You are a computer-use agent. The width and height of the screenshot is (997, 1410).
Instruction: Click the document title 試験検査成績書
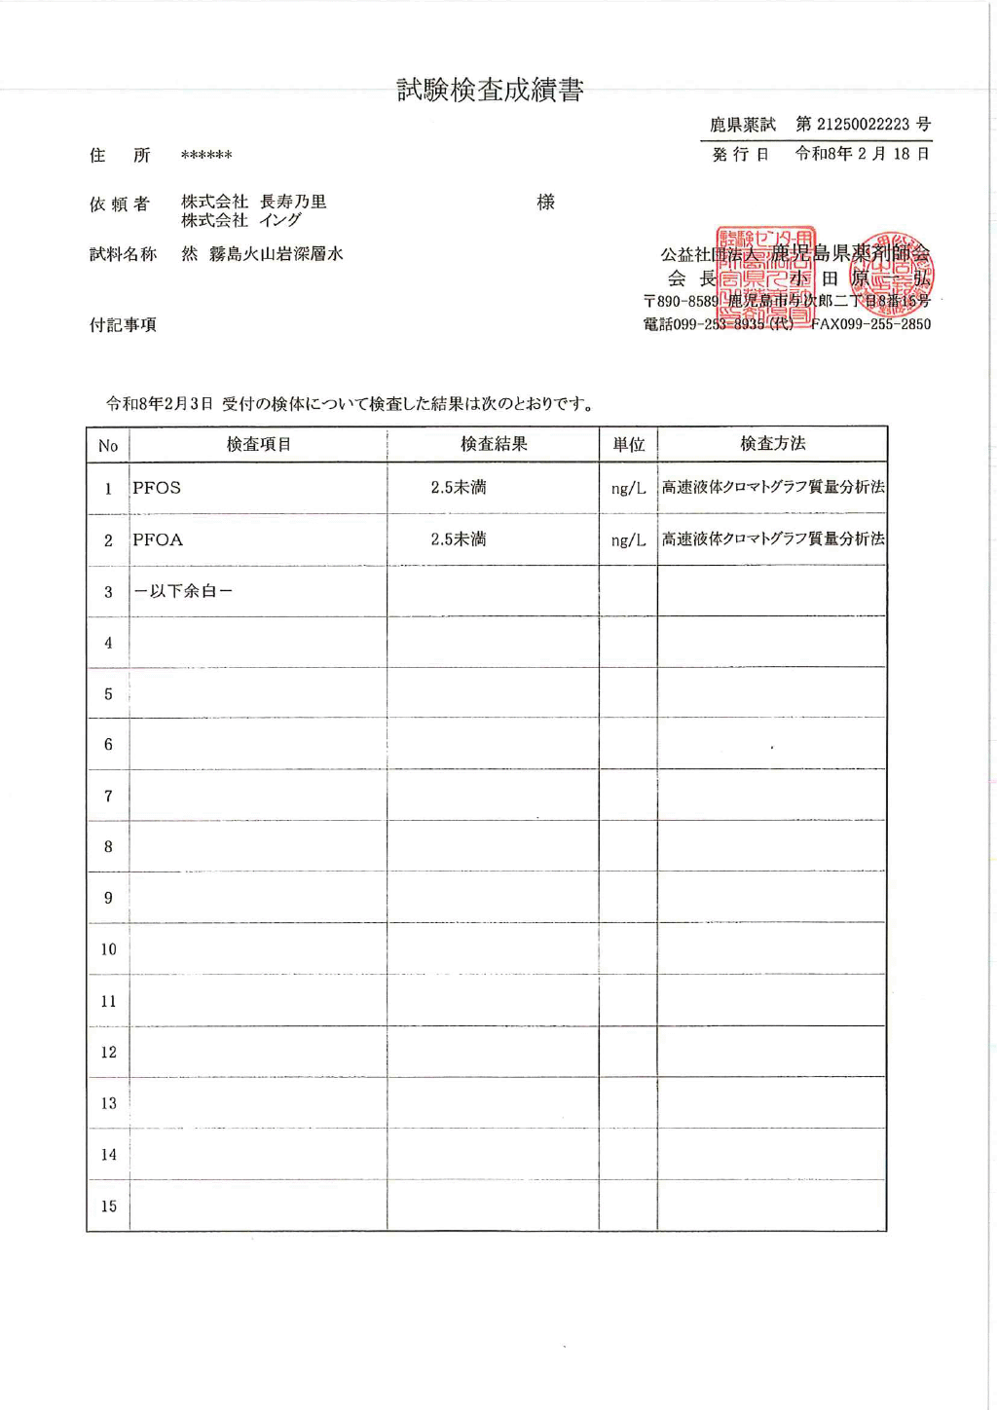point(490,91)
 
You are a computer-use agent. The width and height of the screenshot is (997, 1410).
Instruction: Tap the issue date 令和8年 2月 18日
point(863,154)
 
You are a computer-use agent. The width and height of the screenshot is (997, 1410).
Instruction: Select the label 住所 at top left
point(120,155)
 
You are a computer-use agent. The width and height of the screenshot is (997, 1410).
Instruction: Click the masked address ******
point(206,156)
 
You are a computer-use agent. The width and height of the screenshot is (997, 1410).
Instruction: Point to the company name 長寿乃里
point(293,202)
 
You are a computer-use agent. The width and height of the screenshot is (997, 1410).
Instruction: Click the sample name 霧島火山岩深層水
point(277,254)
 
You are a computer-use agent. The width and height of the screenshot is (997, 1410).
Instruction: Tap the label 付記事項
point(123,324)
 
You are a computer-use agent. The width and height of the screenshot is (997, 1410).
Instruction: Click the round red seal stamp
point(893,275)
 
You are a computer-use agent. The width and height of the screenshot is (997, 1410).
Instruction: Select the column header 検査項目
point(258,444)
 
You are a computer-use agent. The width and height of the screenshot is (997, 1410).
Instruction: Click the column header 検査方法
point(772,444)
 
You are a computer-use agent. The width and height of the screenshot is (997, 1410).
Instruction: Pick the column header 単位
point(628,444)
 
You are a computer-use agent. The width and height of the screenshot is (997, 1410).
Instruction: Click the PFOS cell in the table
point(157,488)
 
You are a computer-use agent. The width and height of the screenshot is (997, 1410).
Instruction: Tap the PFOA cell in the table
point(158,539)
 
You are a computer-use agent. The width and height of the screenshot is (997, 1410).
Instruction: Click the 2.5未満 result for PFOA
point(459,539)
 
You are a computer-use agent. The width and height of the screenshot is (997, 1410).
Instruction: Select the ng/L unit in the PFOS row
point(628,488)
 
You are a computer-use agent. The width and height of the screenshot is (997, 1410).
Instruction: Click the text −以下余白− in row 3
point(183,591)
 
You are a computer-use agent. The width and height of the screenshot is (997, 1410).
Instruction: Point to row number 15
point(108,1206)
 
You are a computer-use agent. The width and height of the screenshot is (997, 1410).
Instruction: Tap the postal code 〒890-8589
point(681,302)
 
